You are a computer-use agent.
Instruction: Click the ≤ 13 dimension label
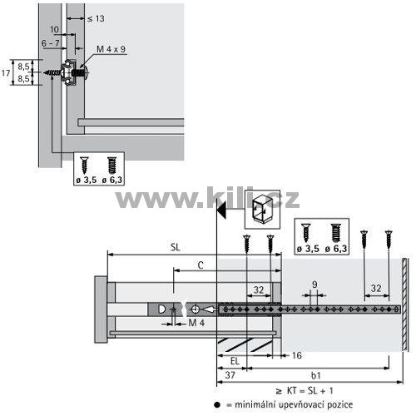coord(96,18)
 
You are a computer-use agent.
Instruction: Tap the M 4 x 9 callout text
coord(111,49)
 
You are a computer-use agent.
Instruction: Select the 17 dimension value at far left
coord(6,73)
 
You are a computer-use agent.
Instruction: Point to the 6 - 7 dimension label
coord(50,43)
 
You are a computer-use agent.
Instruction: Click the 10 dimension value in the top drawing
coord(54,29)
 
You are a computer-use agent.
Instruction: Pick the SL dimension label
coord(175,247)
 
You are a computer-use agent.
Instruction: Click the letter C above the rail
coord(201,265)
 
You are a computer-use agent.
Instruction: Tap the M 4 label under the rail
coord(196,323)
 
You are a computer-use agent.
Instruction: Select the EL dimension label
coord(235,361)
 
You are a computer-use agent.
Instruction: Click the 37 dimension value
coord(230,375)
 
